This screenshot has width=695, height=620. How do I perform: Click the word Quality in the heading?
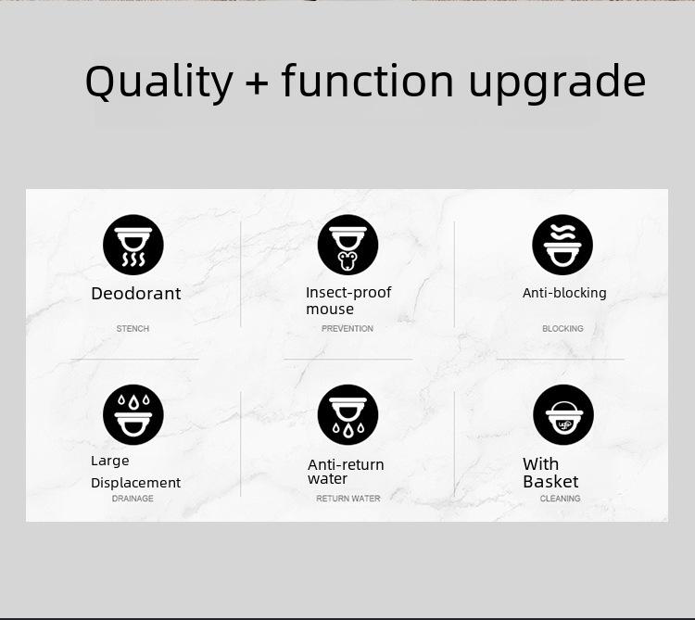(x=158, y=82)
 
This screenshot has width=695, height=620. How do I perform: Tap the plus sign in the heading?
(x=257, y=82)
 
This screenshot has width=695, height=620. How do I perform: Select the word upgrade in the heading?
(x=557, y=82)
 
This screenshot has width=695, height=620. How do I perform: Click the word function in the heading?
(x=368, y=80)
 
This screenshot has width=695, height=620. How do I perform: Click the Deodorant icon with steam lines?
(x=133, y=245)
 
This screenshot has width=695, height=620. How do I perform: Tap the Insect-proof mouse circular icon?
(x=347, y=245)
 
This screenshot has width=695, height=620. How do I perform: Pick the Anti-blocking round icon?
(x=562, y=245)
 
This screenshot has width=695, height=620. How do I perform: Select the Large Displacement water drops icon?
(x=133, y=415)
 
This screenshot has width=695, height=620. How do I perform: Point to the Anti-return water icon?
(x=347, y=415)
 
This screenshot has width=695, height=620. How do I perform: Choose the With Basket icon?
(x=562, y=415)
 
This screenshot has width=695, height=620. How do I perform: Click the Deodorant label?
(x=135, y=294)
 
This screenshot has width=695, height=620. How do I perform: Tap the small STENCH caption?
(x=133, y=328)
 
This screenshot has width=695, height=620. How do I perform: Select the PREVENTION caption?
(x=347, y=328)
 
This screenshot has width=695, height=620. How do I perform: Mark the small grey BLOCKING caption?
(x=562, y=328)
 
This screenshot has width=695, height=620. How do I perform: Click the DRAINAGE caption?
(x=133, y=499)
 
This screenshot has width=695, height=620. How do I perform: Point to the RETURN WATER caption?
(x=347, y=499)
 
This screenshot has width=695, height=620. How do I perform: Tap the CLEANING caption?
(x=560, y=499)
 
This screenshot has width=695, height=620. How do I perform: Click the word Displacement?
(x=135, y=483)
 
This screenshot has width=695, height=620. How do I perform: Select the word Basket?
(x=550, y=482)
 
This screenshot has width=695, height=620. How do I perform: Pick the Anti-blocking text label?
(x=564, y=293)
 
